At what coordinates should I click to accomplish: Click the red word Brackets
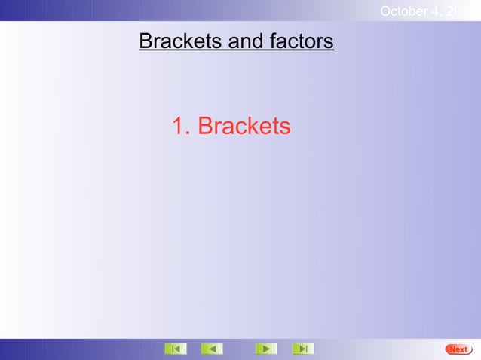244,127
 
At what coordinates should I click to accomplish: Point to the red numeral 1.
179,127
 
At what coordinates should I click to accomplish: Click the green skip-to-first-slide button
175,349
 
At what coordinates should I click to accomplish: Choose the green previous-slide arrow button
212,349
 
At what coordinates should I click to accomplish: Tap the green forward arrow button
265,349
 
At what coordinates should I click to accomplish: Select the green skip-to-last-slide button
302,349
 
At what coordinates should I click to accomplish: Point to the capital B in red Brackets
205,127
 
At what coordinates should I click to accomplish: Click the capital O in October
386,11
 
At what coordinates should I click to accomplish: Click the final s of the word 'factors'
328,42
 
